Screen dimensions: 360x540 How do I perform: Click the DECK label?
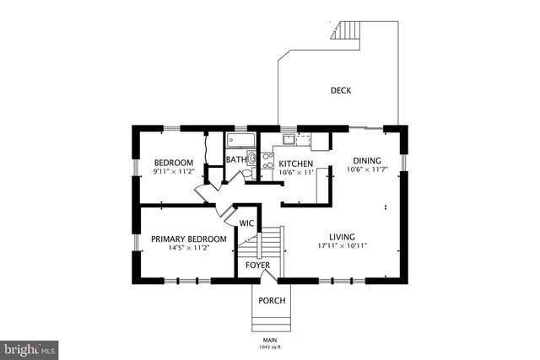[x=341, y=90]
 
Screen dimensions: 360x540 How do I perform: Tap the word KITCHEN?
[x=296, y=164]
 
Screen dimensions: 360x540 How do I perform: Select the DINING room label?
[x=366, y=161]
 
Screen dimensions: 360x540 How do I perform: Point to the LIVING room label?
[x=342, y=237]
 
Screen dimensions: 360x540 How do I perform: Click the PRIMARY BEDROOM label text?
[x=189, y=239]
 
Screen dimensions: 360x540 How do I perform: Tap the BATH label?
[x=235, y=159]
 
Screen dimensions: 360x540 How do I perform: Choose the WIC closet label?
[x=246, y=223]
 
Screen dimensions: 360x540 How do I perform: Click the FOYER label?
[x=257, y=266]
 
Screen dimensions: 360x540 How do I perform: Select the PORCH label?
[x=272, y=301]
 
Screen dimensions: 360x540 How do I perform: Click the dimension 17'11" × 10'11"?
[x=342, y=246]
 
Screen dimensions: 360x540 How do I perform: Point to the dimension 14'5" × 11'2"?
[x=189, y=249]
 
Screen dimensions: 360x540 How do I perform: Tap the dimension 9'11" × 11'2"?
[x=174, y=171]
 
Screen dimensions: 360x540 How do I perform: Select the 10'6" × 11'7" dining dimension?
[x=366, y=170]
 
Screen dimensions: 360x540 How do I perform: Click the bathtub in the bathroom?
[x=240, y=139]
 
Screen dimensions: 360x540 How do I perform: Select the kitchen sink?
[x=289, y=139]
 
